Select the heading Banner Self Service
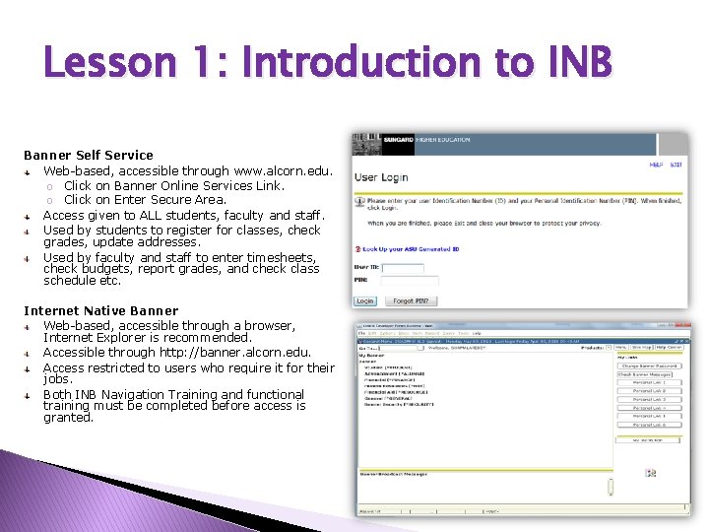click(x=89, y=155)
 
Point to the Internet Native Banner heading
click(x=101, y=310)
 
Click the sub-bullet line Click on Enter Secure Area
click(x=145, y=199)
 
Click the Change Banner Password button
click(x=649, y=366)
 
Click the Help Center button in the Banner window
click(x=670, y=348)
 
